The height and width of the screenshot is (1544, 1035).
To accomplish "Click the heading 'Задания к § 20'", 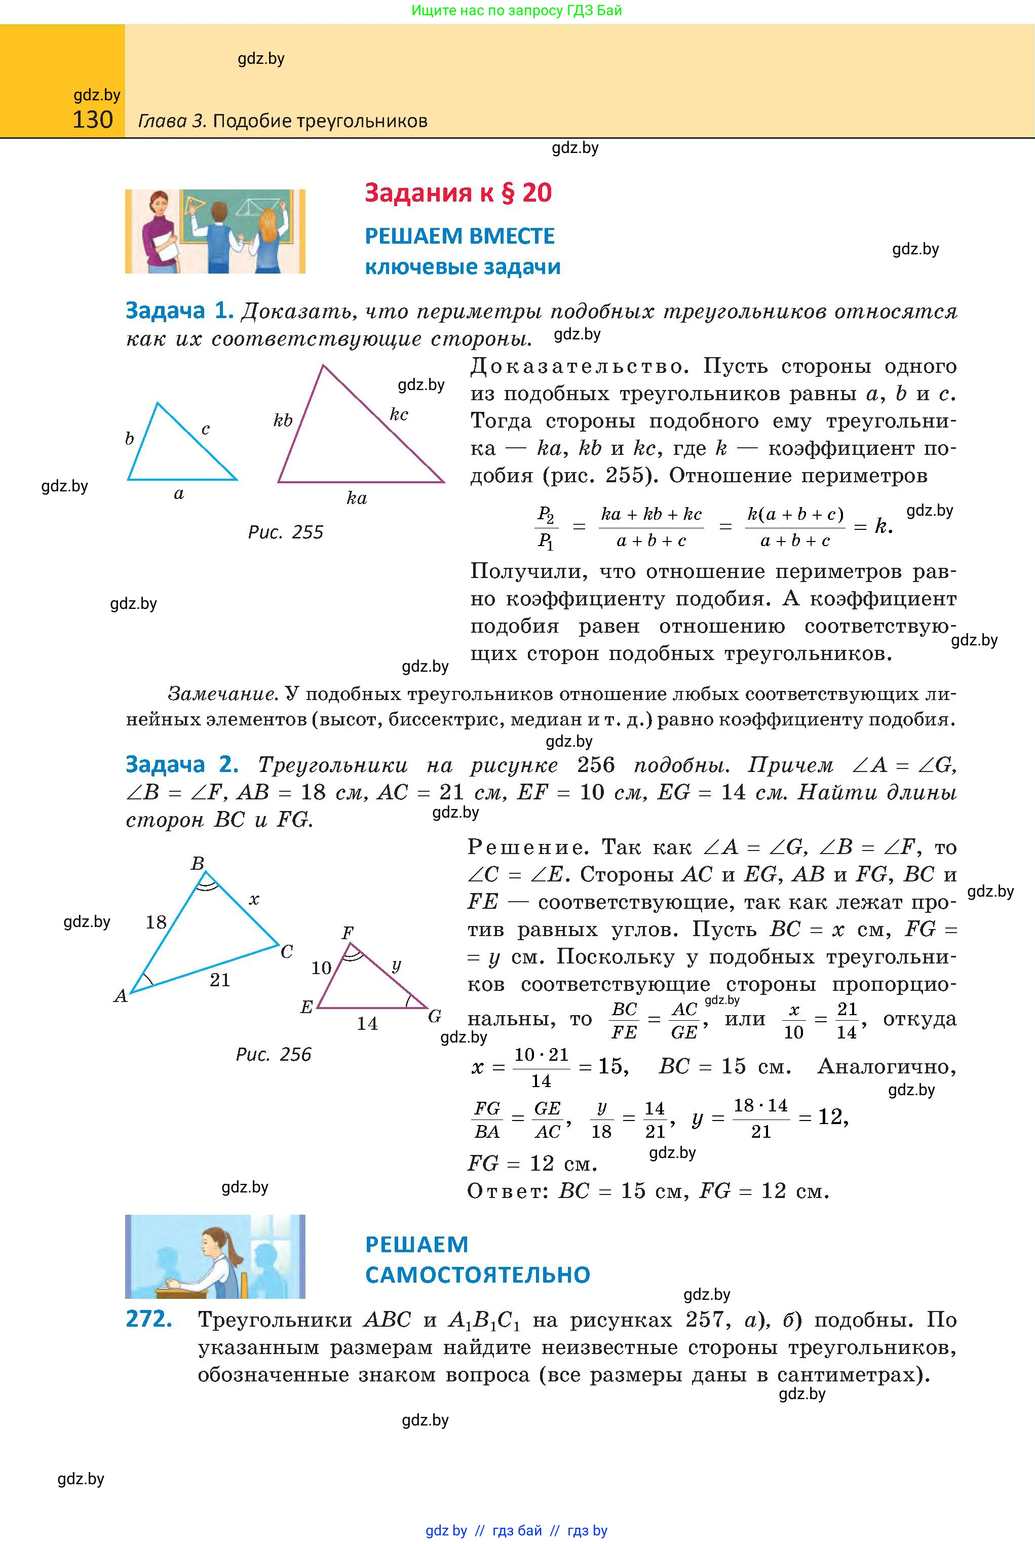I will click(x=458, y=192).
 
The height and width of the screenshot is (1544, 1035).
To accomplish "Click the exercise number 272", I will click(x=149, y=1319).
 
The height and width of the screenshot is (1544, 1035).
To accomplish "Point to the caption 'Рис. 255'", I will click(x=285, y=532).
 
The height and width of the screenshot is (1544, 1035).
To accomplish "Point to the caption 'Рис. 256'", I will click(x=273, y=1054).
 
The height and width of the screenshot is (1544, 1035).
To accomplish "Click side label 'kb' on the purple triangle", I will click(x=283, y=420).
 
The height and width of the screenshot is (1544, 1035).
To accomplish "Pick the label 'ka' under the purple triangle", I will click(x=357, y=498).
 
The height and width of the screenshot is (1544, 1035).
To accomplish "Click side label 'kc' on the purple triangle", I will click(x=399, y=414).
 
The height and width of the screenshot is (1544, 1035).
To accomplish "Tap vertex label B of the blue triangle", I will click(x=198, y=863).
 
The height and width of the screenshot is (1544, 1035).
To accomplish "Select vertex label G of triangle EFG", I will click(x=434, y=1016).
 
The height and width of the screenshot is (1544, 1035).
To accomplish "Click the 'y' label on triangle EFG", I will click(x=396, y=966).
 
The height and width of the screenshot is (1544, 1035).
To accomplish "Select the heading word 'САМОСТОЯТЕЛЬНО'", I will click(x=477, y=1274).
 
